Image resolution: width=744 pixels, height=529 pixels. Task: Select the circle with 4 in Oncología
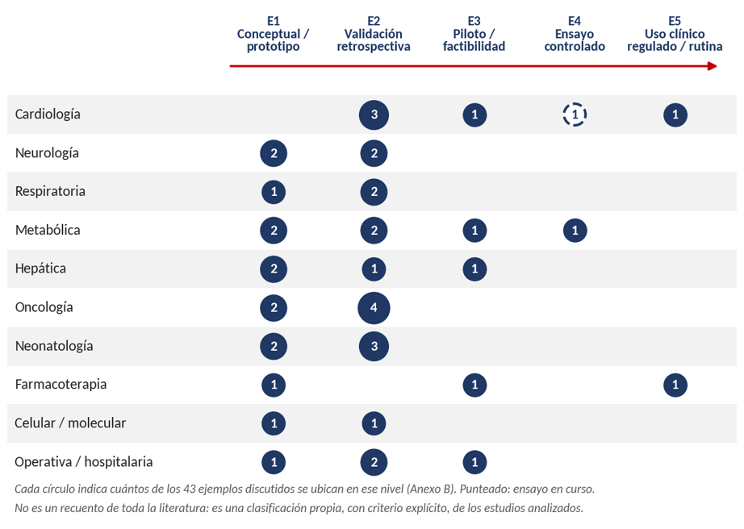click(x=374, y=307)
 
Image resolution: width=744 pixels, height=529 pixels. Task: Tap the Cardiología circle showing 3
click(x=374, y=115)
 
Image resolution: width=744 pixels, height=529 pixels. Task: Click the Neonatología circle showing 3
click(x=374, y=347)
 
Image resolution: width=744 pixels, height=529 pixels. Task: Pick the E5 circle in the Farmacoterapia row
click(x=675, y=385)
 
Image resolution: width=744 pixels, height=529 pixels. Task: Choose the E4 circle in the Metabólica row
click(x=575, y=231)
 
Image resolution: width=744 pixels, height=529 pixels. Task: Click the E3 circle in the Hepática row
click(x=474, y=269)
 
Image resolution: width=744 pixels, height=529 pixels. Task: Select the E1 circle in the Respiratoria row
click(x=274, y=192)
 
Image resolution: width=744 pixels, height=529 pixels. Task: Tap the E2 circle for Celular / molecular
click(x=374, y=423)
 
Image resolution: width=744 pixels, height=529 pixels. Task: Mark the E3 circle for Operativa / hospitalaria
click(x=474, y=462)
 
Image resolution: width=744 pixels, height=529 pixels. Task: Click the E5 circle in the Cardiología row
click(x=675, y=115)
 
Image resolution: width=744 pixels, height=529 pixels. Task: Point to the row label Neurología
click(x=47, y=153)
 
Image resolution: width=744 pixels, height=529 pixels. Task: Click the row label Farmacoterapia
click(x=61, y=384)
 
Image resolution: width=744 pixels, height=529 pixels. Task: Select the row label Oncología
click(x=44, y=307)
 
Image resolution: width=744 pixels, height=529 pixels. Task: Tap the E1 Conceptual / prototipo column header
click(x=274, y=34)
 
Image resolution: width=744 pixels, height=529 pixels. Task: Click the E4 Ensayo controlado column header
click(x=575, y=34)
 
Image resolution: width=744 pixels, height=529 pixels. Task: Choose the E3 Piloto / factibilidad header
click(x=474, y=34)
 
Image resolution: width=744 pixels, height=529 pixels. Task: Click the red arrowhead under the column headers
click(x=713, y=66)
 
